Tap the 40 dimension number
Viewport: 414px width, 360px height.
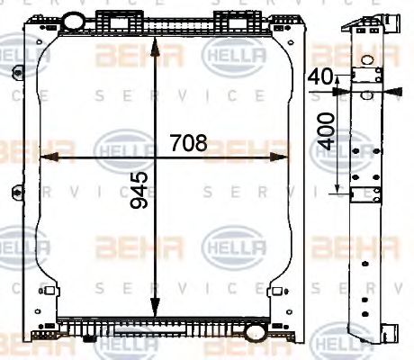click(x=318, y=78)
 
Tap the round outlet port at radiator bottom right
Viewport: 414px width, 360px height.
click(x=254, y=331)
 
